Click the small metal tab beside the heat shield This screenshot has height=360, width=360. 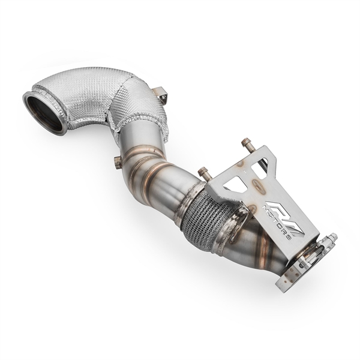pos(159,94)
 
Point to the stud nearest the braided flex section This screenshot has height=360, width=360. pos(202,172)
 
